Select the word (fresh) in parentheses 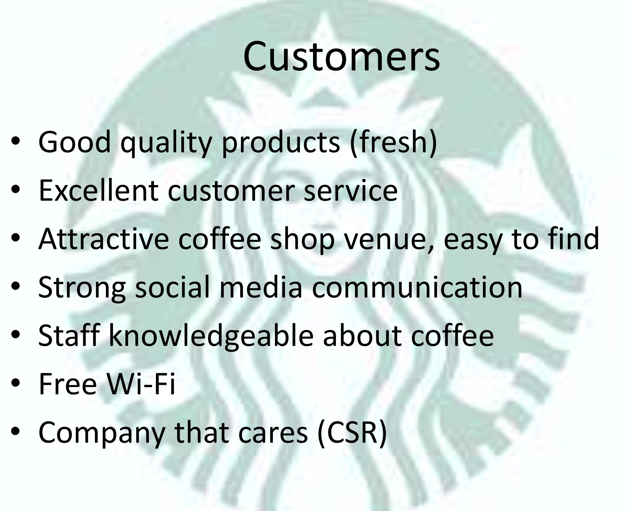[393, 143]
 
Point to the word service [351, 191]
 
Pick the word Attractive [103, 239]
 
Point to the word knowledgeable [211, 336]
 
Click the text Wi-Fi [141, 384]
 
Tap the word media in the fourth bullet [261, 287]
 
